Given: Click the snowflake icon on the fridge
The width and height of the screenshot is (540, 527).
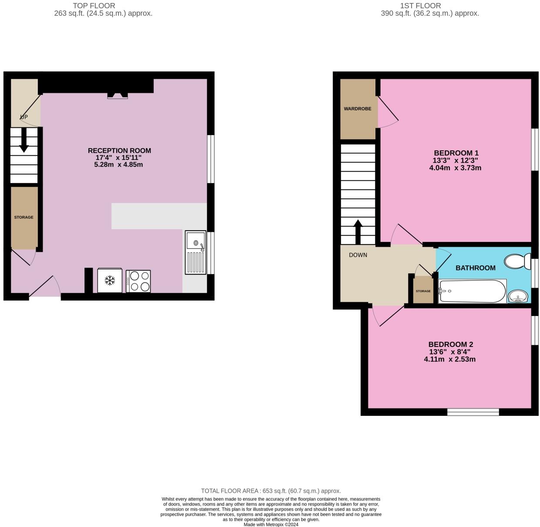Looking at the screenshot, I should (x=110, y=280).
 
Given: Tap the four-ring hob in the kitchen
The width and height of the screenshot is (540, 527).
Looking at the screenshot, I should (x=138, y=281).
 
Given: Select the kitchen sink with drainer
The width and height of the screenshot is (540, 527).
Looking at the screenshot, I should (x=196, y=252).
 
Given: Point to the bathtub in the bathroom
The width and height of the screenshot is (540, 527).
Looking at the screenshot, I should (x=472, y=291).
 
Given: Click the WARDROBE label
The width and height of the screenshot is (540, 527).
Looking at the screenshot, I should (x=358, y=109).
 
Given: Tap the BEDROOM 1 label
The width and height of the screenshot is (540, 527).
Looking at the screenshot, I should (x=456, y=153).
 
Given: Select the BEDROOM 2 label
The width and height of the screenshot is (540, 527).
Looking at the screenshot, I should (x=450, y=344).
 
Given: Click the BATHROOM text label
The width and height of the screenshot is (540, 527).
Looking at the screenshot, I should (x=475, y=268).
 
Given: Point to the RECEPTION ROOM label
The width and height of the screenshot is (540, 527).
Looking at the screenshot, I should (x=119, y=151).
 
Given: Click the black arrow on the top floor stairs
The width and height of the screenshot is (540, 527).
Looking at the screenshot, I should (x=24, y=143).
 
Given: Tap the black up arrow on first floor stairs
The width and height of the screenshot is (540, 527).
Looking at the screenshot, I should (x=358, y=231).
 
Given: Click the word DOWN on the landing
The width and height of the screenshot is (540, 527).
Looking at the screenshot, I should (x=358, y=255).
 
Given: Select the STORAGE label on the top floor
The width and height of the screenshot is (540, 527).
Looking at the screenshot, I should (x=24, y=217).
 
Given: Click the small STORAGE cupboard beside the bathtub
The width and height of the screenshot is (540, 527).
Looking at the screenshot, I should (x=423, y=291).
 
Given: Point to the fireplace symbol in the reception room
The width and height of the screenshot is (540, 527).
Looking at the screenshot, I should (x=118, y=95).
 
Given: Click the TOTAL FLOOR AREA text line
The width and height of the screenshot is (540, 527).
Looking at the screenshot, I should (x=270, y=491).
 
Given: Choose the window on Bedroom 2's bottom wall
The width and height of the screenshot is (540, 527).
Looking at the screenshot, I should (x=473, y=412).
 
